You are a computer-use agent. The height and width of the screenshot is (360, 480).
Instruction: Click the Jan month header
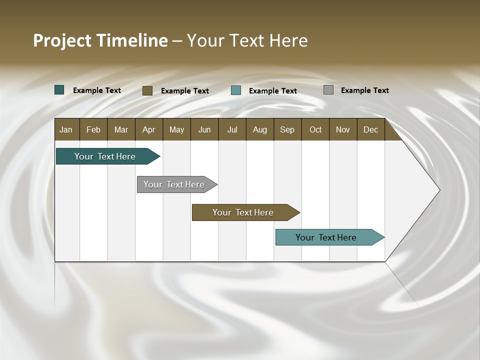pos(66,129)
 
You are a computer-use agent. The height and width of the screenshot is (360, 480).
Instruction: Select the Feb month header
pos(93,129)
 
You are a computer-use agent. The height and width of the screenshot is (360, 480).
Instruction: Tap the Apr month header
pos(149,129)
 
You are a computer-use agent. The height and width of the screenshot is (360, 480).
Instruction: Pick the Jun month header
pos(204,129)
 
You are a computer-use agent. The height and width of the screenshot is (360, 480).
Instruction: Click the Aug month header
pos(260,129)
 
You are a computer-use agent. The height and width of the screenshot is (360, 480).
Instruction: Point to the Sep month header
pos(287,129)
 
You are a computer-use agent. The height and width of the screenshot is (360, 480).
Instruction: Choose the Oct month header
pos(315,129)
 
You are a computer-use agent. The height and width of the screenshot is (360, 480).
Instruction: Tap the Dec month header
pos(371,129)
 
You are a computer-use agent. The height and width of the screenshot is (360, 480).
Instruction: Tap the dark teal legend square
pos(59,90)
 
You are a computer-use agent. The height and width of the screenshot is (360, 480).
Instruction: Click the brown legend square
pos(147,90)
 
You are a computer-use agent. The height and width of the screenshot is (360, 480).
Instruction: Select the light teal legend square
pos(236,90)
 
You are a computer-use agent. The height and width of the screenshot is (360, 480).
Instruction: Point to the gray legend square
pos(328,90)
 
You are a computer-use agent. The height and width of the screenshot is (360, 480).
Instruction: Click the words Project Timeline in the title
pos(100,40)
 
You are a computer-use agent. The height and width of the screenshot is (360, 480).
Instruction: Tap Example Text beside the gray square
pos(365,90)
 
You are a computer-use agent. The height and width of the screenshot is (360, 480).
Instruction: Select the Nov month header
pos(343,129)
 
